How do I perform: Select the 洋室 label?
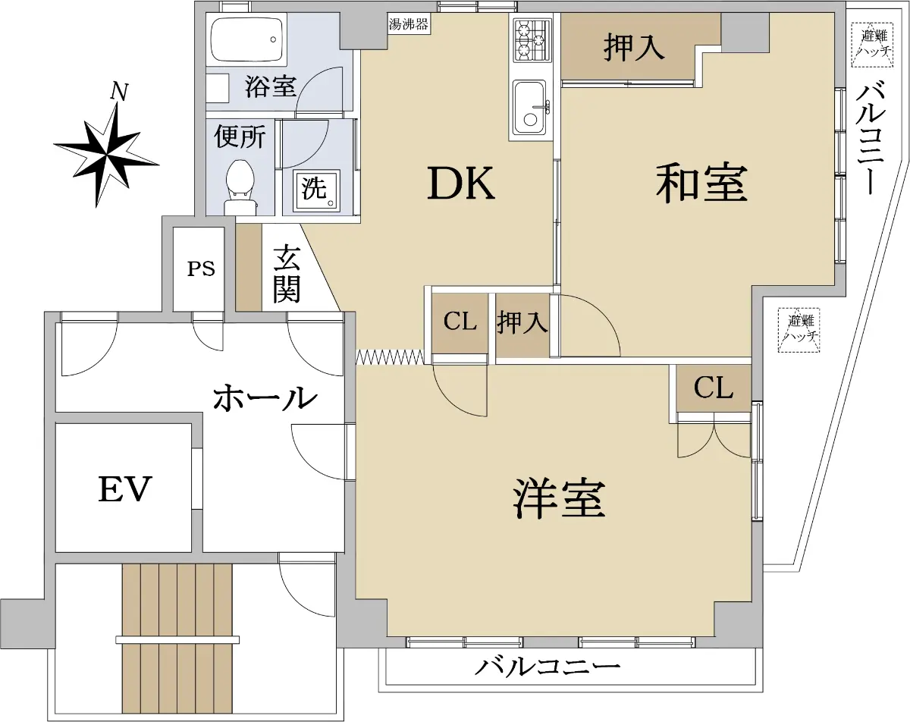(560, 498)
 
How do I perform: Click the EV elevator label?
(124, 489)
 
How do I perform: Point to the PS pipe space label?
(201, 268)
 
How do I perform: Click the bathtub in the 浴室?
(246, 39)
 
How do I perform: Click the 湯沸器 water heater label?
(408, 24)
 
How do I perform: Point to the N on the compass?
(119, 92)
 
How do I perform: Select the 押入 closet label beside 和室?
(633, 49)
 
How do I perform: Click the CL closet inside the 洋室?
(713, 388)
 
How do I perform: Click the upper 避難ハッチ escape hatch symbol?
(872, 45)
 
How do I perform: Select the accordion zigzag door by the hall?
(390, 356)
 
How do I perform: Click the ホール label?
(265, 397)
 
